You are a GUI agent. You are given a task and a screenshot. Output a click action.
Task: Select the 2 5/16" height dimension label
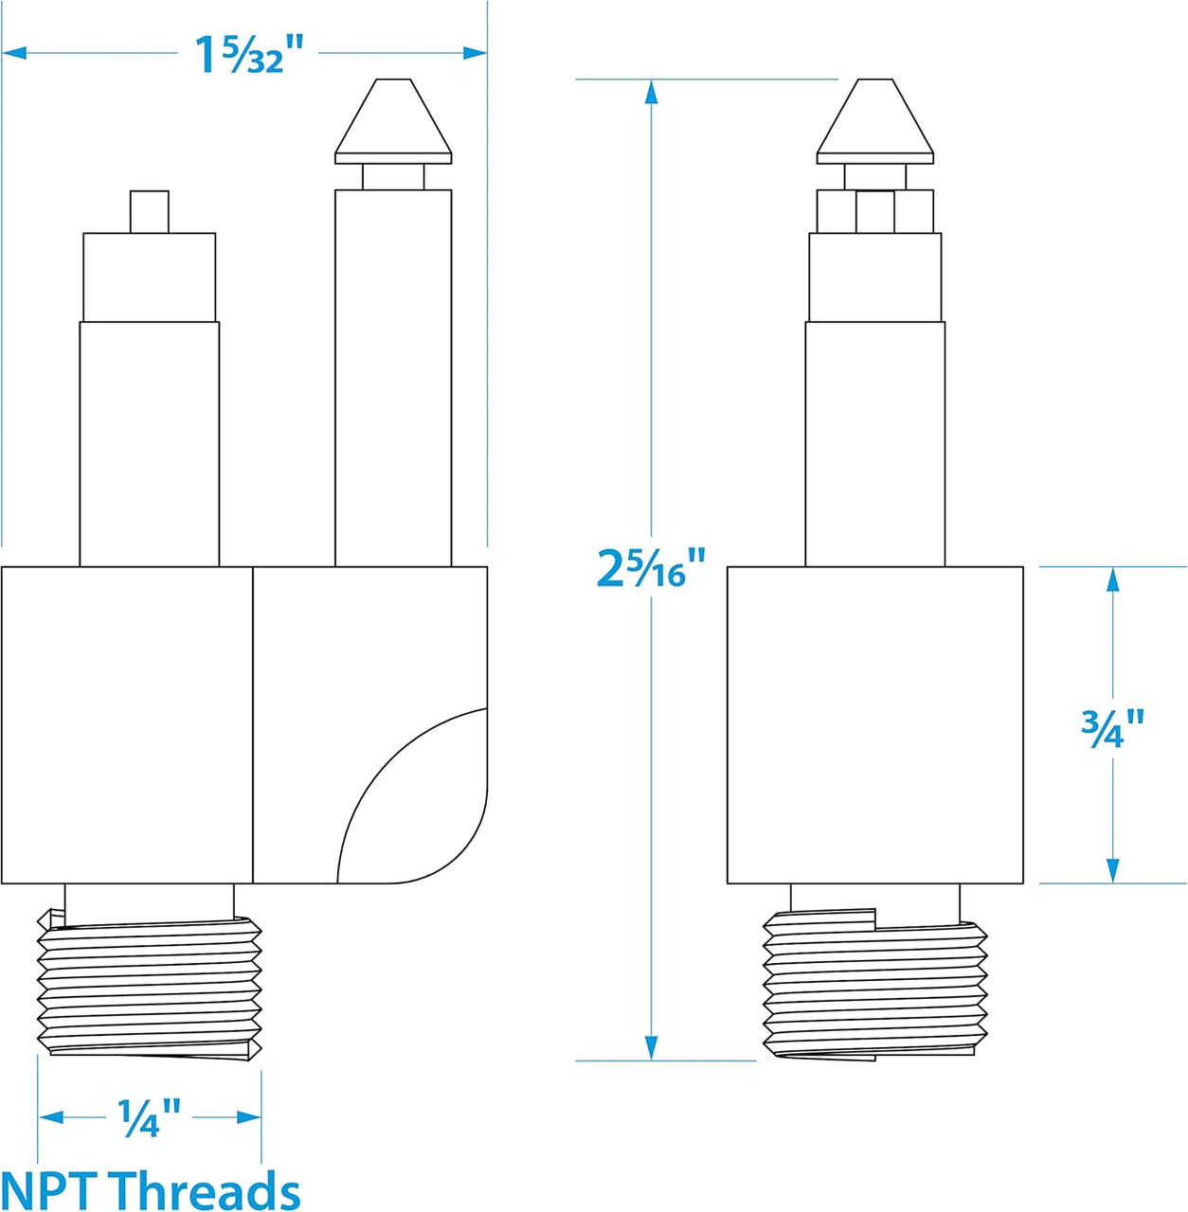coord(651,568)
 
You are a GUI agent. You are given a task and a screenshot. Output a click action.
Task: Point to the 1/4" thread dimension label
coord(149,1118)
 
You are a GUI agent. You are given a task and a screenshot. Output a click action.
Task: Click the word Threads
coord(205,1189)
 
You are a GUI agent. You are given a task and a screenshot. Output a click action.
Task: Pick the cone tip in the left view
coord(393,119)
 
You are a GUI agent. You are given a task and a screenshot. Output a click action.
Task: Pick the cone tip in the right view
coord(874,119)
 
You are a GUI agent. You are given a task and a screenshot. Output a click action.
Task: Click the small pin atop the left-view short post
coord(150,212)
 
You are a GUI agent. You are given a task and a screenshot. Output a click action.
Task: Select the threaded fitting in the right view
coord(874,985)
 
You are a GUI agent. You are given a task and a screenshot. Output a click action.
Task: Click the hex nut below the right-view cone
coord(874,211)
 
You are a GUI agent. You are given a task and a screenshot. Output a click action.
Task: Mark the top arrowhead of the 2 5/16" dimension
coord(651,91)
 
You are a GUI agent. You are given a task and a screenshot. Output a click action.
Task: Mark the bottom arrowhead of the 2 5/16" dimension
coord(651,1048)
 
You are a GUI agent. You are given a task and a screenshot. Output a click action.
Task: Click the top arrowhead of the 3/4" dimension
coord(1112,579)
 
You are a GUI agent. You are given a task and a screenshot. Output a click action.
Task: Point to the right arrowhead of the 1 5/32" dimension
coord(476,53)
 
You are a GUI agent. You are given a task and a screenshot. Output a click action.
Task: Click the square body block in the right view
coord(874,725)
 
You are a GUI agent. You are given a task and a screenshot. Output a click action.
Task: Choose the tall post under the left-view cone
coord(393,379)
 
